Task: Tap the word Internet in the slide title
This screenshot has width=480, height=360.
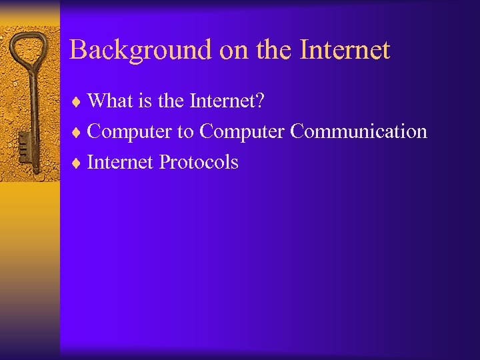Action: tap(345, 50)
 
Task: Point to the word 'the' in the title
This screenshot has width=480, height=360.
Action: tap(264, 50)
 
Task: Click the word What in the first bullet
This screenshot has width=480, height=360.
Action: tap(110, 101)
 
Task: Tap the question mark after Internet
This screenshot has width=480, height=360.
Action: tap(259, 101)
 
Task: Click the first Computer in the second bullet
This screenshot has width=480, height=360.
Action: tap(129, 132)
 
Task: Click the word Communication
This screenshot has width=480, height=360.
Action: tap(358, 131)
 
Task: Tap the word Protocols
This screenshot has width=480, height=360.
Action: tap(198, 162)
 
